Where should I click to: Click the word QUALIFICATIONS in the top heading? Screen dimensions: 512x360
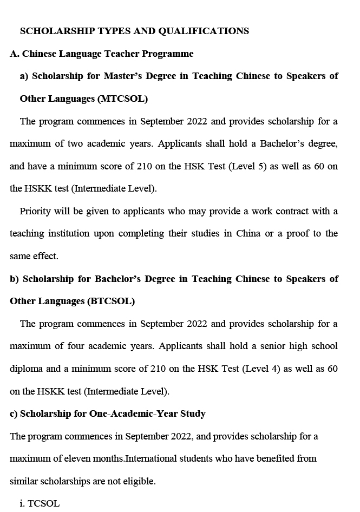point(204,31)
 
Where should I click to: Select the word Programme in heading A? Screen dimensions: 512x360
point(168,54)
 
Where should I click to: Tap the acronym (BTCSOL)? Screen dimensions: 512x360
point(110,301)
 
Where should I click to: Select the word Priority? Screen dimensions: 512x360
point(36,211)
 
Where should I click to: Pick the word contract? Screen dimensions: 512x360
point(292,211)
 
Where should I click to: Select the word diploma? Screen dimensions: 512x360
point(27,369)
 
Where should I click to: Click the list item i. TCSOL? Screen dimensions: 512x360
point(40,503)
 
